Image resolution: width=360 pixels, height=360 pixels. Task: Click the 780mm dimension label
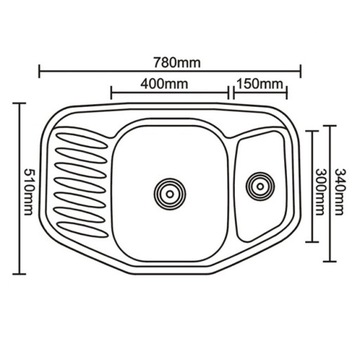[x=177, y=62]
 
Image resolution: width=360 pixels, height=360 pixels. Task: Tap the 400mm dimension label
[x=164, y=84]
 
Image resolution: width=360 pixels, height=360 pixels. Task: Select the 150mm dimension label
[x=259, y=84]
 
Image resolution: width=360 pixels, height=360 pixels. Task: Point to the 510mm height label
[x=28, y=192]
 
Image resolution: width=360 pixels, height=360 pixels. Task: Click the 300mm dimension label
[x=321, y=192]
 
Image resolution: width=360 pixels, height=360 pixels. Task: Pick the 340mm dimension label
[x=339, y=192]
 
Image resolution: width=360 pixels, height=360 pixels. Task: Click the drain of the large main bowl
[x=170, y=194]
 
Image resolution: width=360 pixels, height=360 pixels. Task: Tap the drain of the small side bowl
[x=260, y=186]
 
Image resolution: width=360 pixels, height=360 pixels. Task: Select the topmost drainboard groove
[x=81, y=141]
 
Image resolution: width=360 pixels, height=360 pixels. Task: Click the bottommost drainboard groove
[x=82, y=230]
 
